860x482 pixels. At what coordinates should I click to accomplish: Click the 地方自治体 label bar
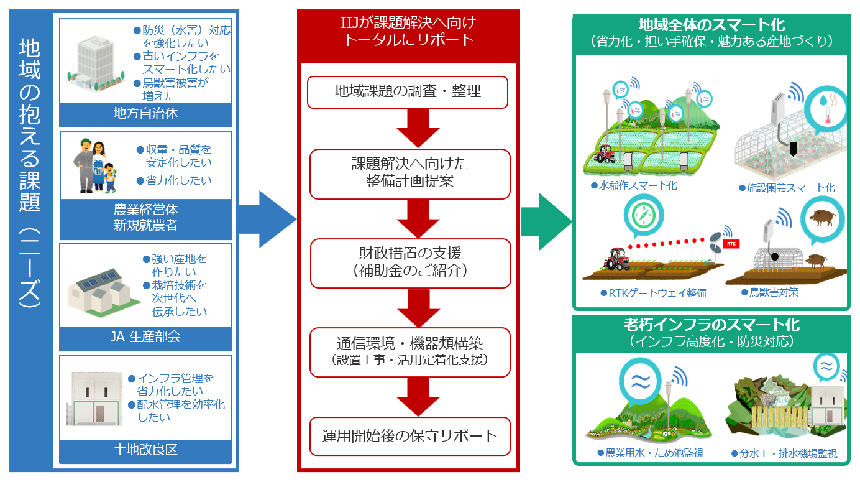pyautogui.click(x=145, y=114)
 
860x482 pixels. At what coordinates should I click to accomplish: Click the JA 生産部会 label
pyautogui.click(x=145, y=337)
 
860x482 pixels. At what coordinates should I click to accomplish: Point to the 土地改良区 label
pyautogui.click(x=145, y=449)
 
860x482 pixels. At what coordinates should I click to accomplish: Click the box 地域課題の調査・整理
pyautogui.click(x=408, y=92)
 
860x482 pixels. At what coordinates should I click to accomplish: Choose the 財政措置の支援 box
pyautogui.click(x=409, y=262)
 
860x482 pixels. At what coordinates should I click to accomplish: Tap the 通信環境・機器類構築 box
pyautogui.click(x=409, y=351)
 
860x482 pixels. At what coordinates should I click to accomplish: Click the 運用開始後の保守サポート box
pyautogui.click(x=409, y=435)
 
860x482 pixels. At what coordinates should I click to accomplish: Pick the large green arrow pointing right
pyautogui.click(x=546, y=219)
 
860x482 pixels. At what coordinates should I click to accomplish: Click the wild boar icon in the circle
pyautogui.click(x=823, y=217)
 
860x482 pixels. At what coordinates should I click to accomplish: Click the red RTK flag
pyautogui.click(x=731, y=243)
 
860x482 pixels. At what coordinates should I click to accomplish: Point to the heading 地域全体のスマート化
pyautogui.click(x=711, y=25)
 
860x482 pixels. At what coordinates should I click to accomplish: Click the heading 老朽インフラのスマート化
pyautogui.click(x=711, y=325)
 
